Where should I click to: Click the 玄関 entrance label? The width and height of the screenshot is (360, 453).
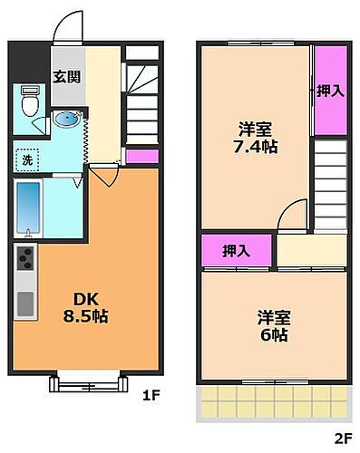click(64, 76)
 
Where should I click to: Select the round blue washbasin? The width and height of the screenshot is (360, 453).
click(66, 120)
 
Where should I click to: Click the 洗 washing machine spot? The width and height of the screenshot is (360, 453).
click(27, 159)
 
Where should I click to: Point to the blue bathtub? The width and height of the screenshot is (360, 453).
click(28, 207)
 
